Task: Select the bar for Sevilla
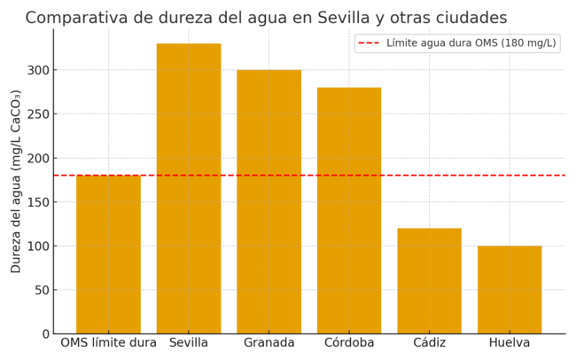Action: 189,188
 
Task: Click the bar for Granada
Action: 269,201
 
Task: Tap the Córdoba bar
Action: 349,210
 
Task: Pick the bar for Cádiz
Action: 429,280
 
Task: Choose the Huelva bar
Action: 510,289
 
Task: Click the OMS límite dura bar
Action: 108,254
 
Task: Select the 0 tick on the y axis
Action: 44,334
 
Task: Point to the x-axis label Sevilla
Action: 189,343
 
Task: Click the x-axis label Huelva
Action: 510,343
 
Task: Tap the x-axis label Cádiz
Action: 429,343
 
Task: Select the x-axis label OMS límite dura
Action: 108,343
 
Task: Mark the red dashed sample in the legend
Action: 368,43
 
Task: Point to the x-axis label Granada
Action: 269,343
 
